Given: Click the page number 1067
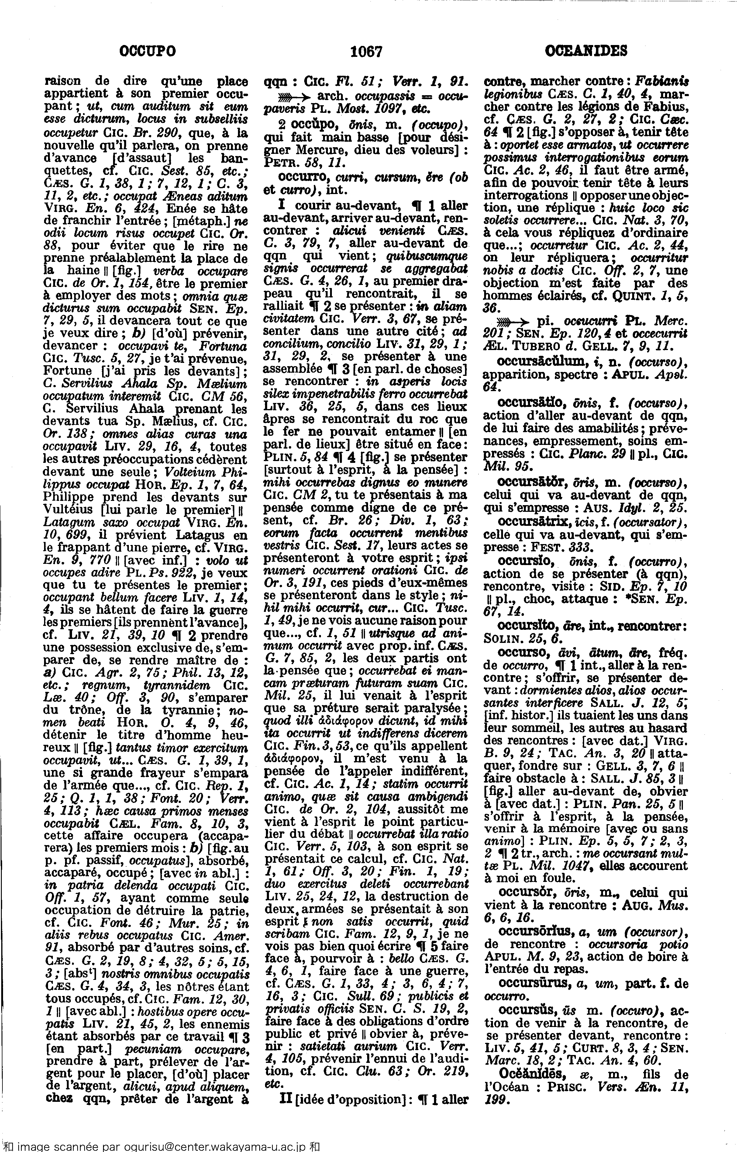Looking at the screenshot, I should pos(366,51).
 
